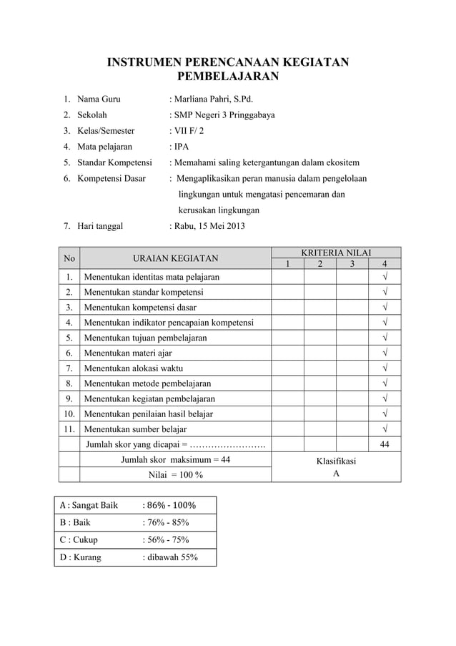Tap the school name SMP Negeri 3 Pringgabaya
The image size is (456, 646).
tap(224, 114)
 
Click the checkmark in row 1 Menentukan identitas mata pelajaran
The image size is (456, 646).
tap(385, 277)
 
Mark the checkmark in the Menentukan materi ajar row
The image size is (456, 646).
tap(385, 353)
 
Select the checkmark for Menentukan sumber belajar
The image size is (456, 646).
tap(385, 429)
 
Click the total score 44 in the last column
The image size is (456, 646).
tap(385, 445)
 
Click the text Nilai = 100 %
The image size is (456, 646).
tap(175, 475)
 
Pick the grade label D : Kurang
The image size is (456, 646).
tap(80, 557)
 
